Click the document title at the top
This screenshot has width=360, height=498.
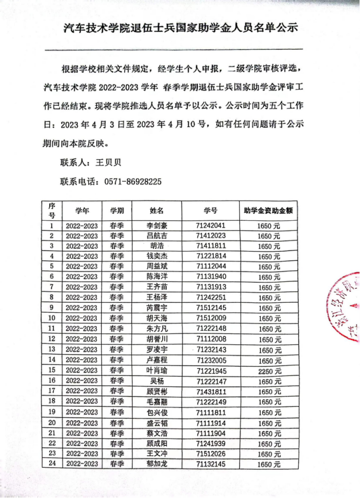180,28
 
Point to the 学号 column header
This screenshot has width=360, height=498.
211,211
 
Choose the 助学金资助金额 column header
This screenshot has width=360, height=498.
269,211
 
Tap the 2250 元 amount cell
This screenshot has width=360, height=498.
269,371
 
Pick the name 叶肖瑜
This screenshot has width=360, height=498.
156,370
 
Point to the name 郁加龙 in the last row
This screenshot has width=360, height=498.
156,464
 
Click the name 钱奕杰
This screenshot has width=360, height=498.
156,256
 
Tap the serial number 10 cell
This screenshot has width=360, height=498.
52,318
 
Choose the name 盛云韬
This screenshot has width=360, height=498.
156,423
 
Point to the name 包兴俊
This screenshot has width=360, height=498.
156,412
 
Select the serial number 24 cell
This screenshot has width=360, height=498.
52,464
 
